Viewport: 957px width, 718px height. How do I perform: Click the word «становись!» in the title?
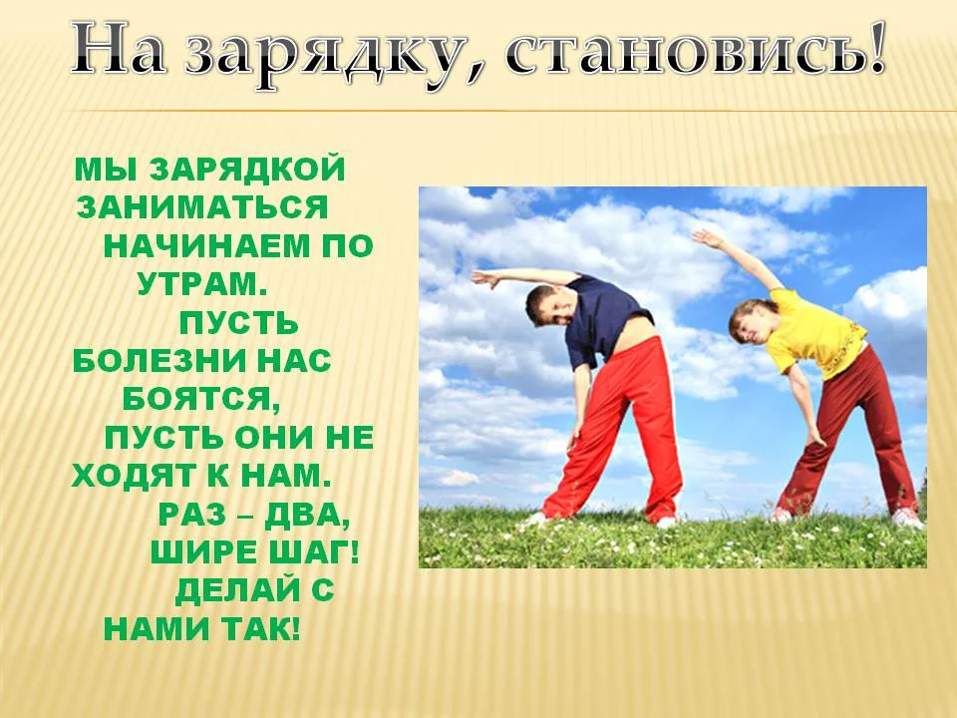tap(696, 50)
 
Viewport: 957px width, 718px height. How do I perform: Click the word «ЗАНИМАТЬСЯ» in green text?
tap(202, 207)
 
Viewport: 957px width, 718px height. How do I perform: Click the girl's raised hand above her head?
tap(704, 237)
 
